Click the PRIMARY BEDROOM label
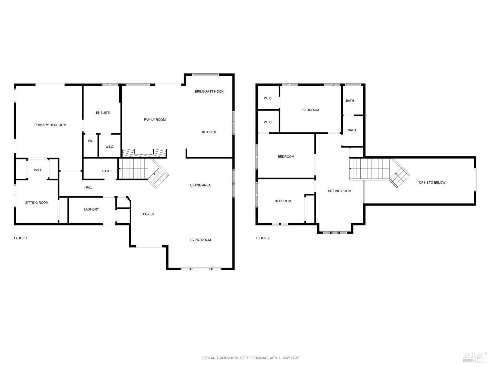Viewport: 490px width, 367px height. point(50,125)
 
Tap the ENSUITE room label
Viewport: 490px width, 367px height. point(103,113)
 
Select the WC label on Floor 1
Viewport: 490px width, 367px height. point(90,141)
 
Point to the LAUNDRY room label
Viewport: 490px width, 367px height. point(91,209)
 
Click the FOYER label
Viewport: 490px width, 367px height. point(149,214)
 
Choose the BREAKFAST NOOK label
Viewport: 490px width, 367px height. point(209,92)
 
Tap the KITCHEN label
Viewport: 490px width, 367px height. point(209,132)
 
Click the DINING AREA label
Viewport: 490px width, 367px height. point(201,185)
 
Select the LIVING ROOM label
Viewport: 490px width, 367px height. point(201,240)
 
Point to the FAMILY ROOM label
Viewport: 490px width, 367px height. point(155,120)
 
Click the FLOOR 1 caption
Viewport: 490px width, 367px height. point(21,238)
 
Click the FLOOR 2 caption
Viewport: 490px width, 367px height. point(263,238)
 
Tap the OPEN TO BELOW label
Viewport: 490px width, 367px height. point(432,183)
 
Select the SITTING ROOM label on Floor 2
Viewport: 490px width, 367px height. point(340,191)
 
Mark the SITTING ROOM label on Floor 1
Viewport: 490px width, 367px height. point(37,203)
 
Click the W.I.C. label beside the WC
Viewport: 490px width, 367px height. point(110,147)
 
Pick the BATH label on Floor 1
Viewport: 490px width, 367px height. point(106,171)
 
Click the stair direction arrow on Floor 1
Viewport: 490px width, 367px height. point(120,169)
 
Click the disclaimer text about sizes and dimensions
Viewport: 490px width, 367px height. point(250,358)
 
